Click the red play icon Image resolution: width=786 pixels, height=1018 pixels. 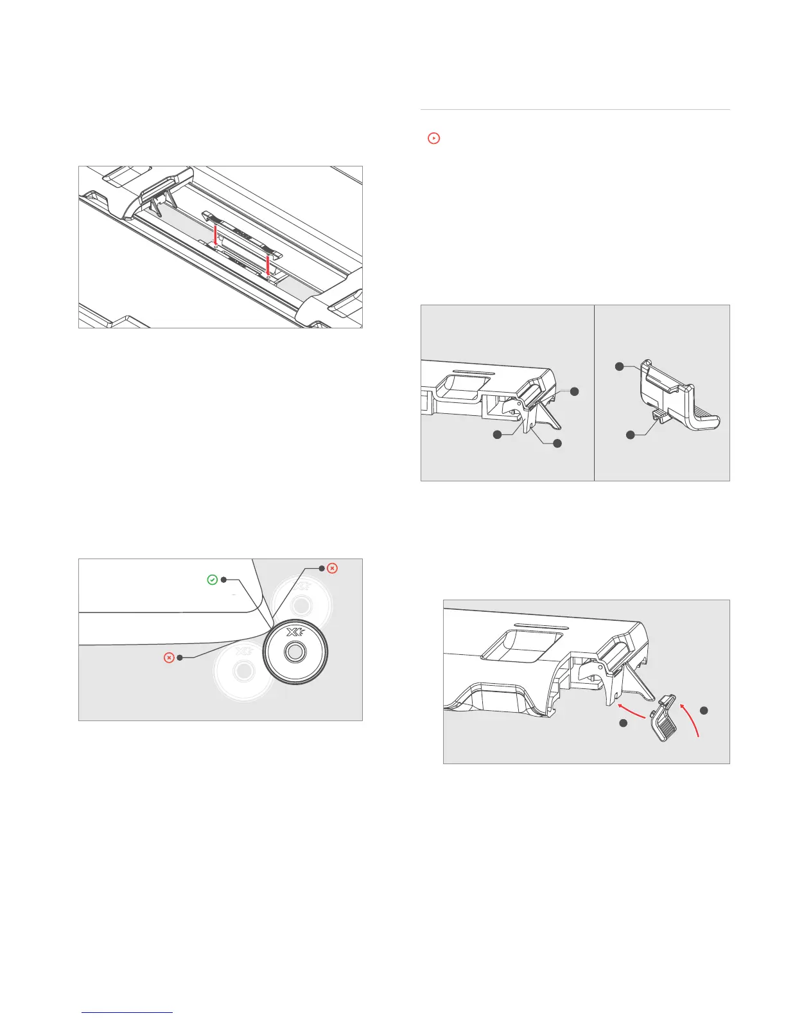tap(434, 138)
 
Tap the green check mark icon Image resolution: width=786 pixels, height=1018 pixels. tap(212, 580)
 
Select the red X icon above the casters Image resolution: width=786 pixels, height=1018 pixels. tap(332, 568)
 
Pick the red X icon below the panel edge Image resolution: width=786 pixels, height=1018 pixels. tap(169, 658)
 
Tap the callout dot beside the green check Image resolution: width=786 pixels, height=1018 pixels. tap(223, 580)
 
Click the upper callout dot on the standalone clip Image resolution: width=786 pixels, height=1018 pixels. tap(619, 366)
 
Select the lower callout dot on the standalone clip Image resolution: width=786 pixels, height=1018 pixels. tap(631, 435)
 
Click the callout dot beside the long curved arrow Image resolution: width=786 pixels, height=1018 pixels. tap(704, 710)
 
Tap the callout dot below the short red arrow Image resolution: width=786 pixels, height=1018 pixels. tap(622, 724)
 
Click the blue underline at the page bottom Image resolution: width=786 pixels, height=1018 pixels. tap(128, 1013)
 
